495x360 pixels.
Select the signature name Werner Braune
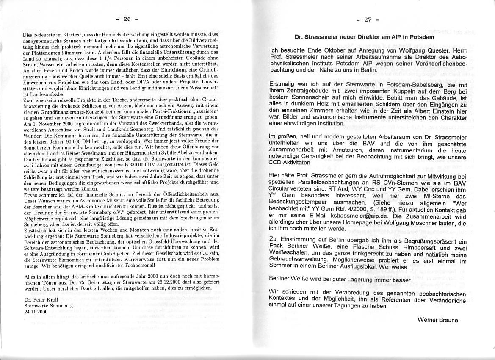coord(437,320)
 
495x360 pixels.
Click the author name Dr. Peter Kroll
coord(39,299)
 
